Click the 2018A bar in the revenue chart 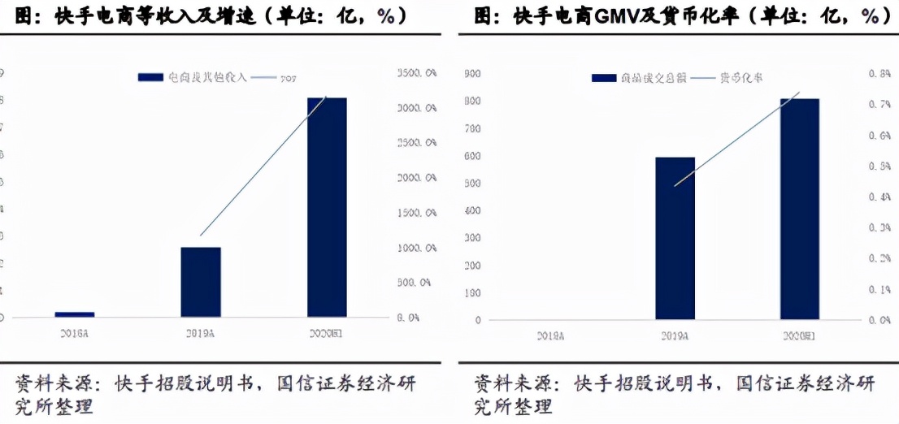pos(74,314)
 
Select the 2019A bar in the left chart pos(201,282)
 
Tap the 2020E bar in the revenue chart pos(327,207)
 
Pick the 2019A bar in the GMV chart pos(675,238)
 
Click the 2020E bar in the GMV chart pos(800,209)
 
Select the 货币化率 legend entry pos(740,77)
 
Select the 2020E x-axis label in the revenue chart pos(327,333)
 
